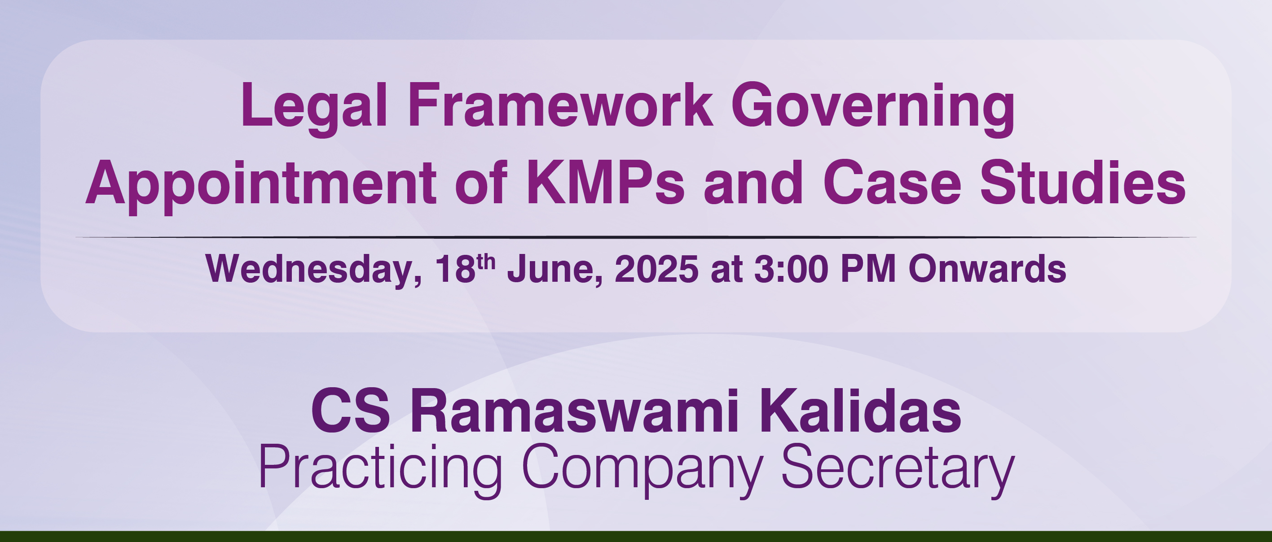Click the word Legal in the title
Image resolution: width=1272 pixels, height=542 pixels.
pyautogui.click(x=314, y=109)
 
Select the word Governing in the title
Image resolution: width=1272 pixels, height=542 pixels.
pyautogui.click(x=872, y=109)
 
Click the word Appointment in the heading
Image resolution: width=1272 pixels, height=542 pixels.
pyautogui.click(x=261, y=186)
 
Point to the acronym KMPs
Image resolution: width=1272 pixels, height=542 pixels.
pyautogui.click(x=606, y=182)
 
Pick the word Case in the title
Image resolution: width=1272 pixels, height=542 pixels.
pyautogui.click(x=892, y=182)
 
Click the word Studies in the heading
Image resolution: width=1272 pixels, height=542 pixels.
pyautogui.click(x=1083, y=182)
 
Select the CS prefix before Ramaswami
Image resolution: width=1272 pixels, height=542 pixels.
pyautogui.click(x=351, y=411)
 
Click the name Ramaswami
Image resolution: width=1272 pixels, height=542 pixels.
pyautogui.click(x=574, y=411)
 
